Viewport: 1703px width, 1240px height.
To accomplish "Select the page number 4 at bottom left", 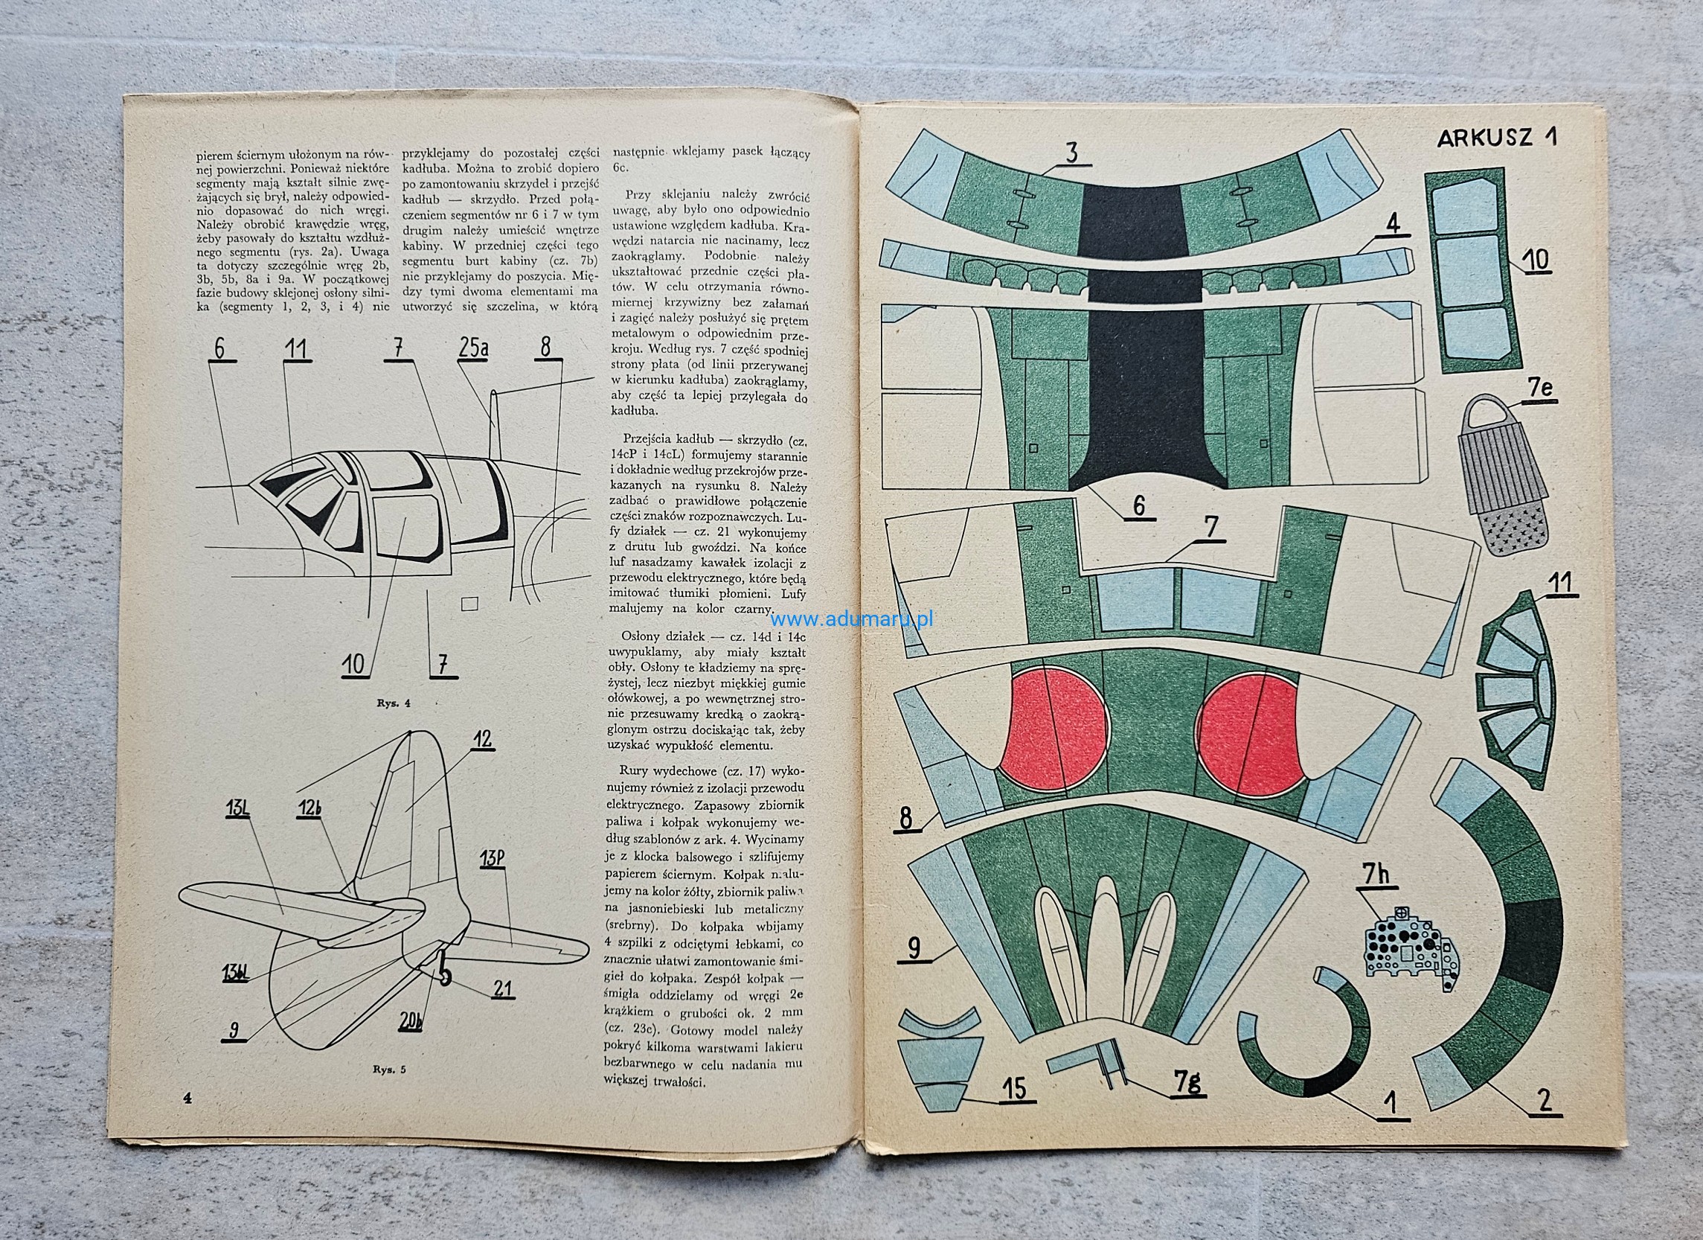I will click(x=187, y=1098).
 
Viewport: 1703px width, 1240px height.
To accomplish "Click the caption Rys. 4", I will click(x=396, y=703).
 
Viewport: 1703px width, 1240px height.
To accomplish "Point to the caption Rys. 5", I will click(x=389, y=1069).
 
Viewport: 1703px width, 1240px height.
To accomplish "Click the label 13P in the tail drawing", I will click(x=492, y=857).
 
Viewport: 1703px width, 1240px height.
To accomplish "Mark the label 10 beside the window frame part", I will click(x=1536, y=259).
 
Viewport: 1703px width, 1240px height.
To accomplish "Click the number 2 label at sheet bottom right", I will click(x=1545, y=1101).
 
